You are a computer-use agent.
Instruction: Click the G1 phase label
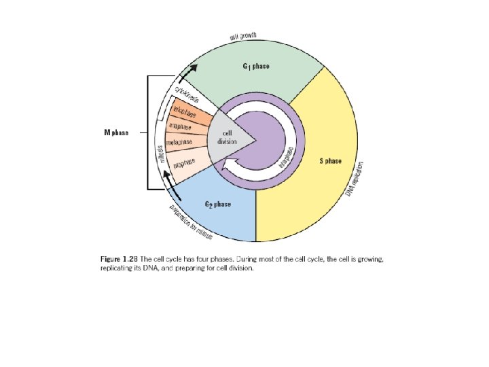pos(256,66)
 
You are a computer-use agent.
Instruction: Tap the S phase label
pos(330,161)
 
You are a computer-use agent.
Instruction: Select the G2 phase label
pos(217,204)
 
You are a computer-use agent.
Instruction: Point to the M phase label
pos(115,132)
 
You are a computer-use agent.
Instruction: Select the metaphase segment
pos(180,143)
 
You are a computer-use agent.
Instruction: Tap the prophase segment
pos(185,164)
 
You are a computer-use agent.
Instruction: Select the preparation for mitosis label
pos(191,221)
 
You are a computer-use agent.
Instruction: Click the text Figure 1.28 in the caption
pos(120,260)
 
